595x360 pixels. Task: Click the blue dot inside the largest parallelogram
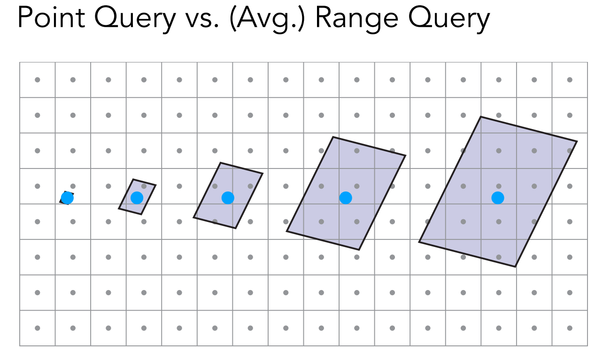click(498, 198)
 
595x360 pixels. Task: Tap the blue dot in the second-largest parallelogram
click(346, 198)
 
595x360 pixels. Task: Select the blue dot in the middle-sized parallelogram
click(228, 198)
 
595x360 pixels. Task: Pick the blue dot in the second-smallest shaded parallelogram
click(137, 198)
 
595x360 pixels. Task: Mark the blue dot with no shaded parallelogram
click(67, 198)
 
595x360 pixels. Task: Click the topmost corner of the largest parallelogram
click(480, 117)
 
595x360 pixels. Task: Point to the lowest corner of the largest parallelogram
click(515, 267)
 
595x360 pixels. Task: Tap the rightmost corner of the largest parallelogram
click(577, 141)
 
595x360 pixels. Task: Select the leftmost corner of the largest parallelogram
click(419, 242)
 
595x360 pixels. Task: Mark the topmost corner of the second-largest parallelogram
click(333, 137)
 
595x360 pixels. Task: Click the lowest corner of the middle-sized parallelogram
click(236, 229)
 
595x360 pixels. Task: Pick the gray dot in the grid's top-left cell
click(38, 80)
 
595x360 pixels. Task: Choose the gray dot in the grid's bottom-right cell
click(570, 328)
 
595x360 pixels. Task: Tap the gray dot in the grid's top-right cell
click(570, 80)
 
